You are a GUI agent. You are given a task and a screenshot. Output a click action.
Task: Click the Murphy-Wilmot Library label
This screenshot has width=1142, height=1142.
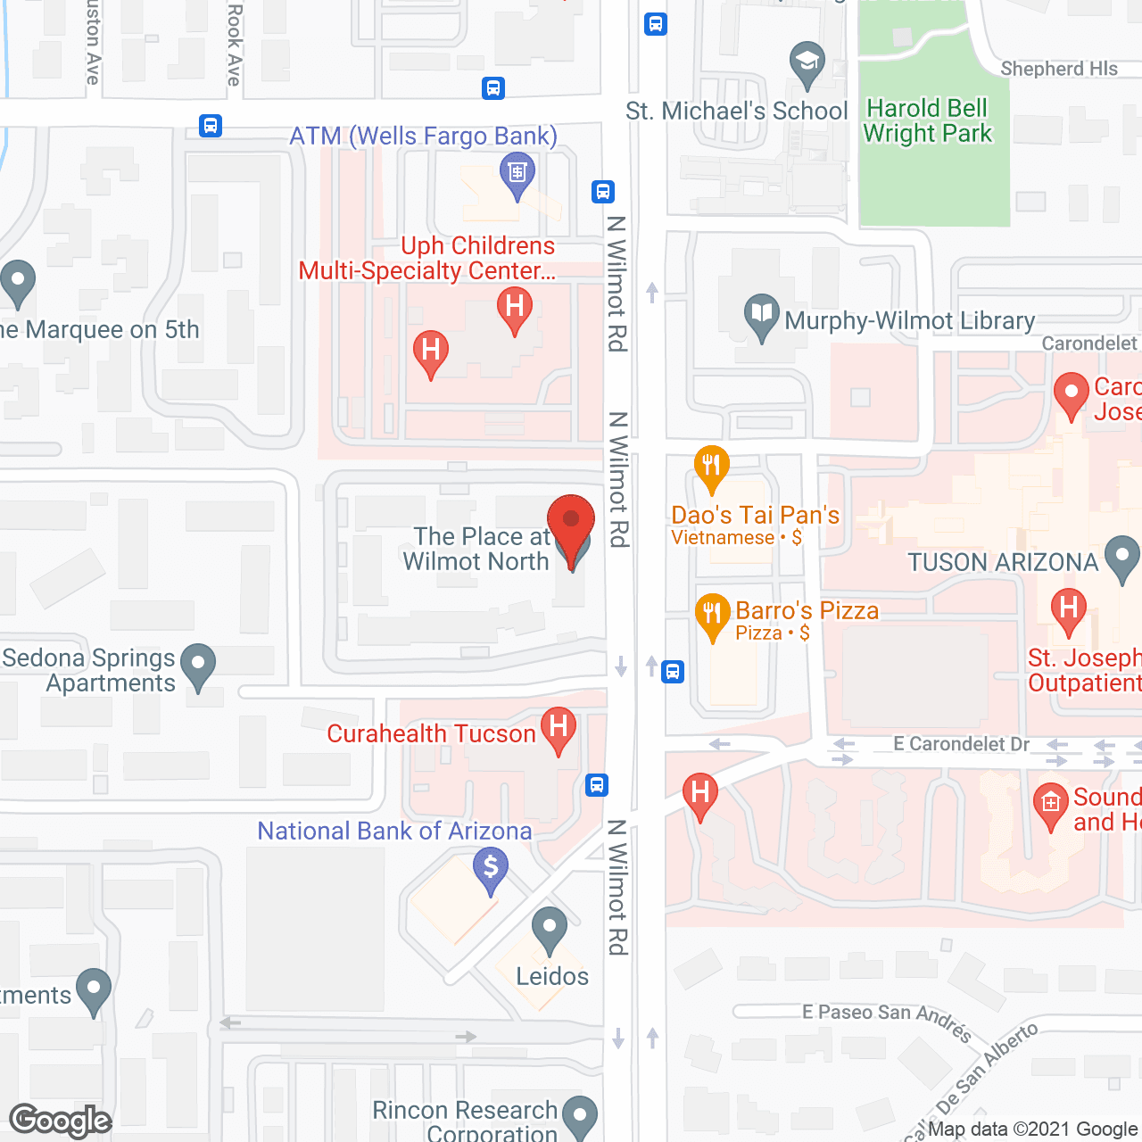pyautogui.click(x=909, y=320)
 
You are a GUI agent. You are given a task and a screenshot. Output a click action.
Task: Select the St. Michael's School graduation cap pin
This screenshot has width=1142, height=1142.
pyautogui.click(x=807, y=63)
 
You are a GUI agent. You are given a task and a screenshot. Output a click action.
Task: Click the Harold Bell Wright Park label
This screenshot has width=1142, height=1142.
pyautogui.click(x=927, y=120)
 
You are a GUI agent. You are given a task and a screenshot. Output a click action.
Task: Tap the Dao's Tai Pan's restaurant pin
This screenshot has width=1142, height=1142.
pyautogui.click(x=711, y=467)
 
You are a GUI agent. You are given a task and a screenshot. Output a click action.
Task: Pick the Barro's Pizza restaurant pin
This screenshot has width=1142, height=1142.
pyautogui.click(x=712, y=615)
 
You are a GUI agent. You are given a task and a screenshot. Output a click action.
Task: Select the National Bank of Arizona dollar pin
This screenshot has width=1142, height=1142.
pyautogui.click(x=491, y=869)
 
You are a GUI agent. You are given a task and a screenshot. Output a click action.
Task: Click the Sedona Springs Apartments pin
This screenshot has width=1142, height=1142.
pyautogui.click(x=198, y=666)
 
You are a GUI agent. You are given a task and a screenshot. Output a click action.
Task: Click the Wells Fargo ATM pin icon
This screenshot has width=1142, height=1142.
pyautogui.click(x=517, y=173)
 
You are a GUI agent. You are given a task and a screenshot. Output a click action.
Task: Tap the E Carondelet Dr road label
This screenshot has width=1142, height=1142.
pyautogui.click(x=961, y=744)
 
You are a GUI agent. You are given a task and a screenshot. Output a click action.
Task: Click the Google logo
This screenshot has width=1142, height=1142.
pyautogui.click(x=60, y=1121)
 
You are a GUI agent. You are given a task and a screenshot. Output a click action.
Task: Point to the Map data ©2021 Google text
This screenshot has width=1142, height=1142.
pyautogui.click(x=1032, y=1129)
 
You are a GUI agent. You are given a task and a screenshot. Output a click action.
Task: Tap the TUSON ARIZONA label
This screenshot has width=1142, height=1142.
pyautogui.click(x=1003, y=562)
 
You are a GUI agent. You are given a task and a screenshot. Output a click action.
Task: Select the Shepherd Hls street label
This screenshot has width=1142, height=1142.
pyautogui.click(x=1058, y=69)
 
